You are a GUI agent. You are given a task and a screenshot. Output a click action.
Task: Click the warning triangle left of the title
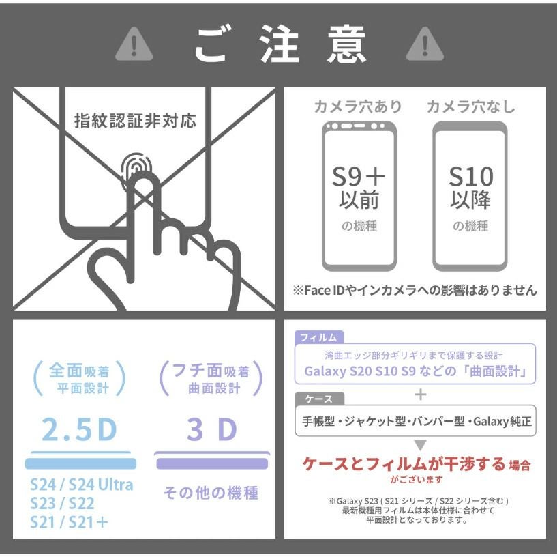[134, 45]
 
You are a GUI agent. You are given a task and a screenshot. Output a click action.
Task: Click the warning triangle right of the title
[425, 45]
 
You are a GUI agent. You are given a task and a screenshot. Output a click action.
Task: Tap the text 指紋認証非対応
[136, 121]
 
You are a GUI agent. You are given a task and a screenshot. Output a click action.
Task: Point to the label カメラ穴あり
[358, 106]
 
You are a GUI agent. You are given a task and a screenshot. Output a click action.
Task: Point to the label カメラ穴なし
[471, 106]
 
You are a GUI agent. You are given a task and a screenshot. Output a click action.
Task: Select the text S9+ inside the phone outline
[359, 177]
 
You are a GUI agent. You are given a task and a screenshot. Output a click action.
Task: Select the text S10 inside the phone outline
[471, 177]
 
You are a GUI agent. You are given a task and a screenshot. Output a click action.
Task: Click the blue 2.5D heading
[79, 429]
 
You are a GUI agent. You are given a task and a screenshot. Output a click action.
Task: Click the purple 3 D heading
[212, 429]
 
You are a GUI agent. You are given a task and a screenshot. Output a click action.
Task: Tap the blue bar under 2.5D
[81, 463]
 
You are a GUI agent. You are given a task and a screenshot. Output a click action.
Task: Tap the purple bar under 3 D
[212, 463]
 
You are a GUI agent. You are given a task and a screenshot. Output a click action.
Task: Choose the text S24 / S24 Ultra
[82, 485]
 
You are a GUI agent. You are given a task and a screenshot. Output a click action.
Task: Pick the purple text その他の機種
[211, 493]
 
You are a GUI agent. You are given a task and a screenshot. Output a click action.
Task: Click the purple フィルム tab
[319, 337]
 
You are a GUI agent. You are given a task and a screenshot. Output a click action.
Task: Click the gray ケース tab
[319, 399]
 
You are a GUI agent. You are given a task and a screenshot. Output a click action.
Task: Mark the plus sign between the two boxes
[421, 395]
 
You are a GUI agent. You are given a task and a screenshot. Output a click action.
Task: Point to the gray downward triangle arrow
[420, 445]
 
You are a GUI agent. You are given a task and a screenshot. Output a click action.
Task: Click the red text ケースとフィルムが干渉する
[404, 464]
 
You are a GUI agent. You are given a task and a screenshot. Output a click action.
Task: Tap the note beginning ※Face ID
[415, 290]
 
